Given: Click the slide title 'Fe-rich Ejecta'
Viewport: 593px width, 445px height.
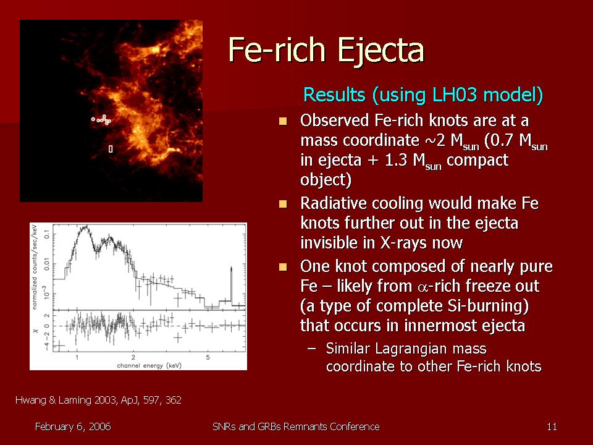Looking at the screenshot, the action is coord(326,51).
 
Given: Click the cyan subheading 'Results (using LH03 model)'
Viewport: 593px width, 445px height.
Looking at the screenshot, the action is coord(423,95).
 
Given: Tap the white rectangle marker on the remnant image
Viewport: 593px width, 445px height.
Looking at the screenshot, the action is coord(111,149).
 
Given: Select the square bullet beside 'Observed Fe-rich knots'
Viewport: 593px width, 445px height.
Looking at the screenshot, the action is coord(283,121).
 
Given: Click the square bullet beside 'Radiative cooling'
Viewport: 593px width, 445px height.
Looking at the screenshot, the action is coord(283,205).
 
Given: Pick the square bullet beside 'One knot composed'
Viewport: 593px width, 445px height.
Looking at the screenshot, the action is coord(283,267).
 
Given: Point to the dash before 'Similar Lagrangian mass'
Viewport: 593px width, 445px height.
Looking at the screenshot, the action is coord(311,349).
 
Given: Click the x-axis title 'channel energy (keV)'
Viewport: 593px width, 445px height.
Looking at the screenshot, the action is coord(149,365).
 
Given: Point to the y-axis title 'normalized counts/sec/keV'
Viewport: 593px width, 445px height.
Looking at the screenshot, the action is coord(35,267).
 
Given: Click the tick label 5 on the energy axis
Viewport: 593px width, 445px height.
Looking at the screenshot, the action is coord(208,357).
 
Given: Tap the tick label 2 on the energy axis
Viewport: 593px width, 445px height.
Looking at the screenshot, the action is coord(133,357).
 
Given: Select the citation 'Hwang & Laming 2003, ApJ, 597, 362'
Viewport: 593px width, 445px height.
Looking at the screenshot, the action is coord(98,400).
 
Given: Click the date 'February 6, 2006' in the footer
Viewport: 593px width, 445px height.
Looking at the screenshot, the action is coord(73,427).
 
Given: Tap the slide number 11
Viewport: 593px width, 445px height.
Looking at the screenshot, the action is coord(552,427).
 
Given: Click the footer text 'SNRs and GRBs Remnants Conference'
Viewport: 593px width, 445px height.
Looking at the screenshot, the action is coord(296,427).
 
